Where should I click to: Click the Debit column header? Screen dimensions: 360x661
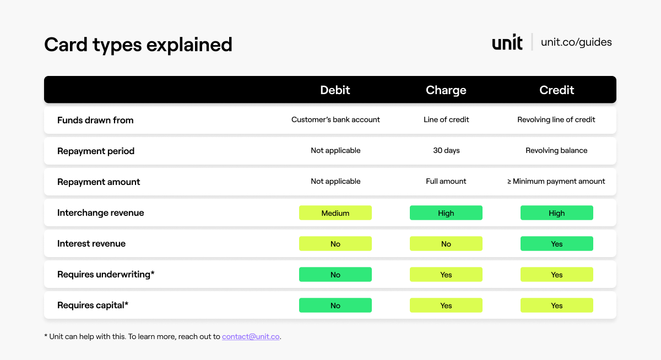click(335, 90)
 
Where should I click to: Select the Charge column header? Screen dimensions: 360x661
click(446, 90)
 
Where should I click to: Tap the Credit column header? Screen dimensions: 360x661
click(556, 90)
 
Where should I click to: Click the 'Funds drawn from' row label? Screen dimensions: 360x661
click(95, 120)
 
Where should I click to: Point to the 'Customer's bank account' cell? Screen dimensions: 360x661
click(335, 119)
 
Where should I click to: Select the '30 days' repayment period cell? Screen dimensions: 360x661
click(446, 150)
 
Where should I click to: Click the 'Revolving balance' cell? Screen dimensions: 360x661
click(556, 150)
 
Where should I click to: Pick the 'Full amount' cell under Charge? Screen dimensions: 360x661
click(446, 181)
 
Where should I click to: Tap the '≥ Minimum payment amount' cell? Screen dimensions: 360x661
click(556, 181)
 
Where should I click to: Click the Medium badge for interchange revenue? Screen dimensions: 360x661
click(335, 213)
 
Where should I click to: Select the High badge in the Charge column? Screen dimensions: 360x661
click(446, 213)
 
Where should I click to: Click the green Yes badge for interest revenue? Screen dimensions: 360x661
click(556, 244)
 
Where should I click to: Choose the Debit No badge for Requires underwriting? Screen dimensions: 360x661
click(335, 275)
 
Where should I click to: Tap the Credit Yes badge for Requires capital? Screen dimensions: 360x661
click(556, 306)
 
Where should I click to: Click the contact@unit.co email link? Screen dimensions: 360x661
click(251, 336)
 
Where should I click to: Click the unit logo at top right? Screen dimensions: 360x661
click(507, 42)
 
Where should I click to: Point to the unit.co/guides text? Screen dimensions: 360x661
click(576, 42)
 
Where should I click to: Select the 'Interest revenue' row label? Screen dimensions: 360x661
click(91, 243)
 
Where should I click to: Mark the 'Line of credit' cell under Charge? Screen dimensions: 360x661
click(446, 119)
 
